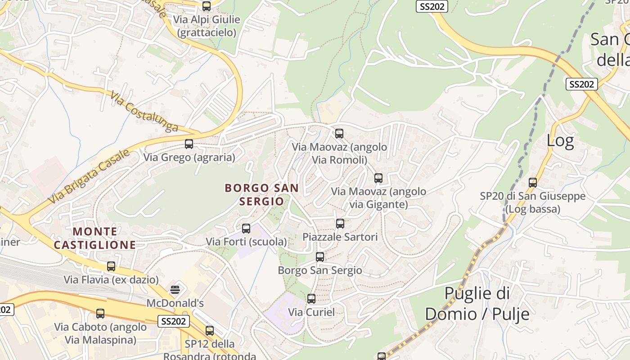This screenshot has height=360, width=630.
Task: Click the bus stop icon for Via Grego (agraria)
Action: [189, 144]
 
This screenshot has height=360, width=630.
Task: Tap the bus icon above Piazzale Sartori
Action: [340, 224]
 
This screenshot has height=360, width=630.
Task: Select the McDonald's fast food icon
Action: [175, 289]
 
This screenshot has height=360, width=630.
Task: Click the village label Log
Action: [560, 141]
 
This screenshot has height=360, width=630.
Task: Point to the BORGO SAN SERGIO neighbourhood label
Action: [261, 194]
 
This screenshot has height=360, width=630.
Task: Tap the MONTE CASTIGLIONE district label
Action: [94, 238]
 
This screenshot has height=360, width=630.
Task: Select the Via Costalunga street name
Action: [144, 112]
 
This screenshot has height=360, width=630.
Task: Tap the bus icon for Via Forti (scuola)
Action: [246, 229]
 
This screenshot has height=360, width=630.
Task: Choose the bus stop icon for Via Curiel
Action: [311, 299]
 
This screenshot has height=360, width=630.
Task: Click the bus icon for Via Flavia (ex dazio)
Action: [111, 266]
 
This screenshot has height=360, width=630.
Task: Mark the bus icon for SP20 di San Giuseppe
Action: [533, 183]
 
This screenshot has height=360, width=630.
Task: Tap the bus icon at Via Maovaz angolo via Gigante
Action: [378, 178]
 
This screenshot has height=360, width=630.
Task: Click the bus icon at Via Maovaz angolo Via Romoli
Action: [339, 134]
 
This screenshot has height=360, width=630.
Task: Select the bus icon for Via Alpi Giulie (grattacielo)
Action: [207, 6]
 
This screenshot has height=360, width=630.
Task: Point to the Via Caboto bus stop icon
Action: [100, 314]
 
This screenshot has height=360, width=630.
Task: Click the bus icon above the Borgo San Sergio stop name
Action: [320, 257]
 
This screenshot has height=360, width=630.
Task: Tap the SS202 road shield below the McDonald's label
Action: [174, 321]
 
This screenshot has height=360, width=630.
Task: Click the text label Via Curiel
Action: [311, 312]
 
